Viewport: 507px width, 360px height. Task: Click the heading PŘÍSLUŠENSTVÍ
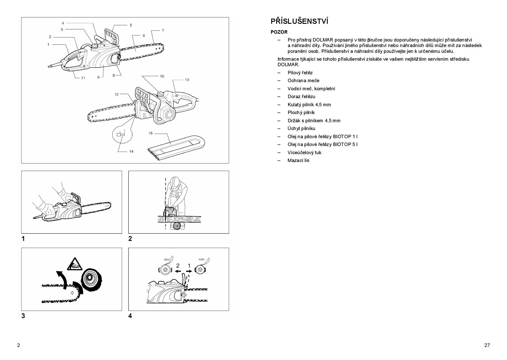point(299,21)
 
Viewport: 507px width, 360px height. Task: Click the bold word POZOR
point(279,32)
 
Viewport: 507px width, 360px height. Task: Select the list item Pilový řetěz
point(300,73)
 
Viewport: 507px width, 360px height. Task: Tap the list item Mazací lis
point(298,160)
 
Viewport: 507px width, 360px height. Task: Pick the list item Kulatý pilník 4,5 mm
point(309,105)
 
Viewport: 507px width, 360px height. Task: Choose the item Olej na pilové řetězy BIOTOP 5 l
point(322,144)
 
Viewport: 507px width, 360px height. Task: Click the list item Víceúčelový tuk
point(304,152)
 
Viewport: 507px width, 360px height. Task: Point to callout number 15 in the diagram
point(150,133)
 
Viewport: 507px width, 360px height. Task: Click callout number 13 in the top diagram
point(187,80)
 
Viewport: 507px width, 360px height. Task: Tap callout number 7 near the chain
point(163,30)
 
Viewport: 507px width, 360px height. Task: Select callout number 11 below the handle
point(83,78)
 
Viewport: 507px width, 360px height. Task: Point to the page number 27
point(487,345)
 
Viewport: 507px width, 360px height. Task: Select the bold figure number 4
point(130,316)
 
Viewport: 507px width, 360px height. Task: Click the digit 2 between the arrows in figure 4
point(178,265)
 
